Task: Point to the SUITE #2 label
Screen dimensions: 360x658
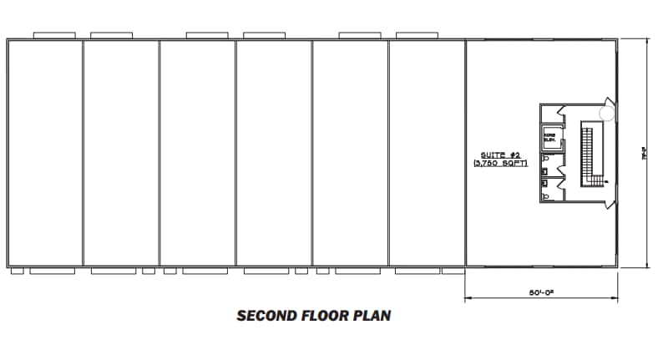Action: tap(500, 155)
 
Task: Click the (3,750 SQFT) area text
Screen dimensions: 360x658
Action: tap(500, 164)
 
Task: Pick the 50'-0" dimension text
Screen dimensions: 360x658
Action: tap(542, 293)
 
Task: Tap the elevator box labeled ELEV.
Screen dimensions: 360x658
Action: tap(551, 138)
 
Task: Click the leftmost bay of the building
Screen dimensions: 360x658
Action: tap(45, 153)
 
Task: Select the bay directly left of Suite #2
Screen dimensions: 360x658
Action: tap(427, 153)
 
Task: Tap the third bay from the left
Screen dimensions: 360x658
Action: tap(198, 153)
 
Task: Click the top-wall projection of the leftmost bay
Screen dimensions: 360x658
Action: tap(55, 35)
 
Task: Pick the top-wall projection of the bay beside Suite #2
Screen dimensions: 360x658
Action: tap(418, 35)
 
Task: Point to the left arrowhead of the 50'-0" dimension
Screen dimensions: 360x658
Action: tap(467, 297)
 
